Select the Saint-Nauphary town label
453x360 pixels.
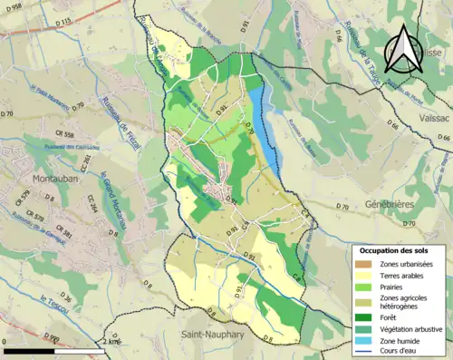click(212, 336)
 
